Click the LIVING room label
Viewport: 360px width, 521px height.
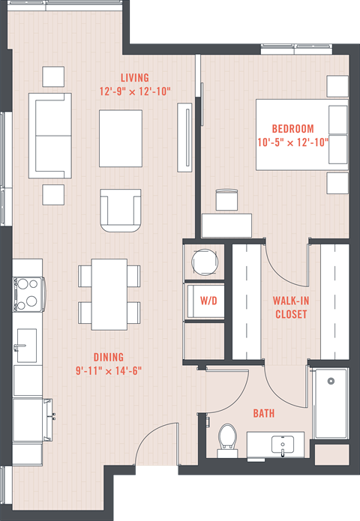tap(135, 78)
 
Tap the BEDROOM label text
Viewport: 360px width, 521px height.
tap(292, 129)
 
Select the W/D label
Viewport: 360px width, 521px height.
tap(208, 301)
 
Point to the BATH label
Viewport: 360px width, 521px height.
tap(264, 413)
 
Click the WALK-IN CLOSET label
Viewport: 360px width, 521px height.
tap(291, 307)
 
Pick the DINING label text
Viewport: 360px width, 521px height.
tap(109, 357)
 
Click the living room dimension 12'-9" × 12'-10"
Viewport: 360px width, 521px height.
tap(135, 91)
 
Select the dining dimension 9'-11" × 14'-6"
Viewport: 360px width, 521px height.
tap(109, 370)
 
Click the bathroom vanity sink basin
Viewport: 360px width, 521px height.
tap(283, 445)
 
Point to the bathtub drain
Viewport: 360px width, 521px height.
tap(331, 381)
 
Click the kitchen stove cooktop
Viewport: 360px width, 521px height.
tap(28, 295)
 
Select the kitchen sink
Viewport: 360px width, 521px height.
tap(26, 346)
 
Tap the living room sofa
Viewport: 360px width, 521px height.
tap(50, 136)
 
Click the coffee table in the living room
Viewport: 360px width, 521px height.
tap(121, 139)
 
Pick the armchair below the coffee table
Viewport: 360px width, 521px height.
tap(121, 211)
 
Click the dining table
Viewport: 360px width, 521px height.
tap(109, 295)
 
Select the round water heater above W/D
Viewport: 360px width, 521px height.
tap(205, 262)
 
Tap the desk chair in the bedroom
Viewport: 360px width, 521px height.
tap(226, 199)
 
